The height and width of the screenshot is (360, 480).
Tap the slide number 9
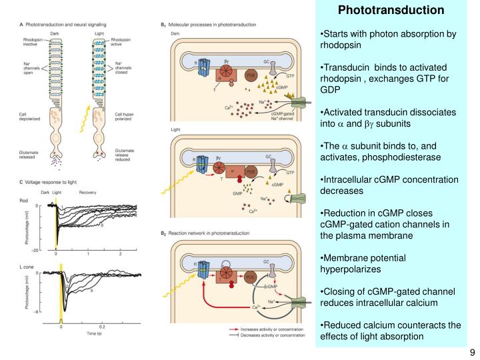coord(471,352)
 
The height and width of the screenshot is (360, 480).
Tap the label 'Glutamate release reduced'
coord(124,155)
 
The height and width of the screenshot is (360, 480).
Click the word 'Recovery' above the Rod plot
coord(88,193)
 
